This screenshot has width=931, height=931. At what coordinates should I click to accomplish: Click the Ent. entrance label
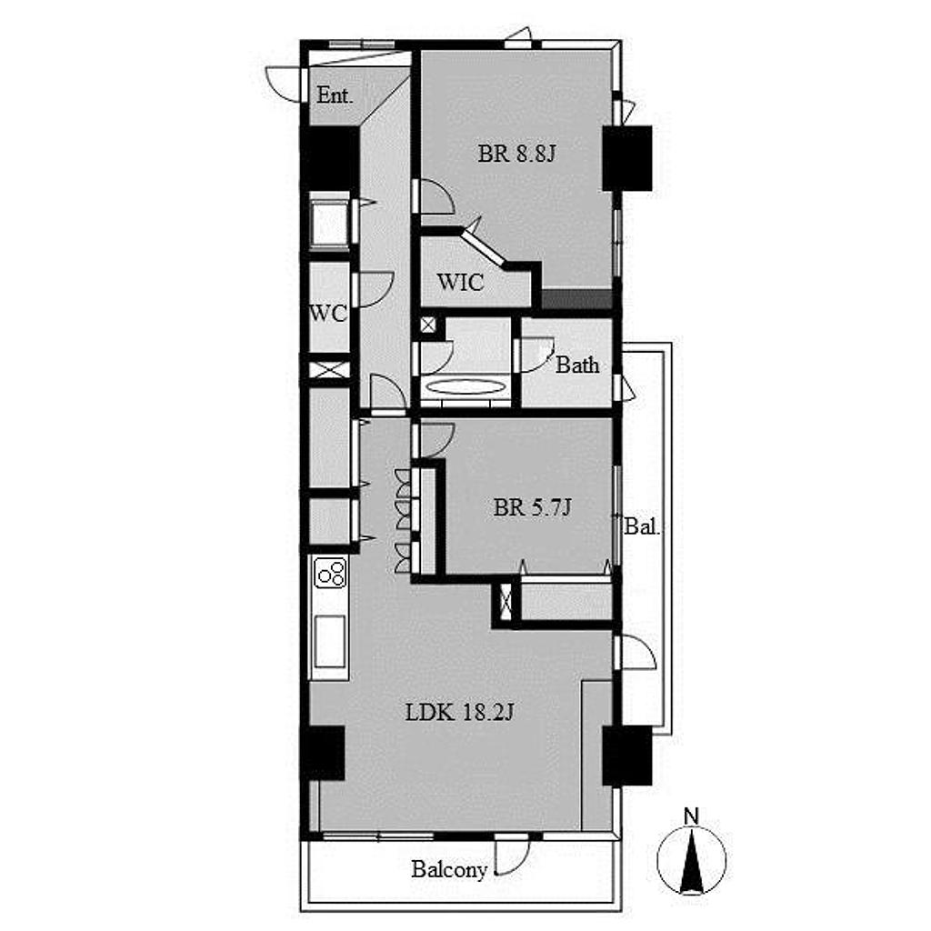point(335,95)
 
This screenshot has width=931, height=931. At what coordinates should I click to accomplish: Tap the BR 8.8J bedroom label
point(516,154)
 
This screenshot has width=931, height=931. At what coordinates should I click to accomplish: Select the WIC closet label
point(460,282)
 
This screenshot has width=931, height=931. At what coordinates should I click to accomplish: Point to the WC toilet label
point(328,313)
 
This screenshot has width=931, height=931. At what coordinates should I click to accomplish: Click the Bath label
point(577,365)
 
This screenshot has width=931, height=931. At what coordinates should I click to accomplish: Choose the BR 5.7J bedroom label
point(532,507)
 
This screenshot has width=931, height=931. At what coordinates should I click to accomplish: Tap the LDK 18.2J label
point(459,711)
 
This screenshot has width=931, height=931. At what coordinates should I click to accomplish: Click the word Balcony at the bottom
point(449,870)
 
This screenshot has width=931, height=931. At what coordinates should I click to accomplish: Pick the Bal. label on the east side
point(642,526)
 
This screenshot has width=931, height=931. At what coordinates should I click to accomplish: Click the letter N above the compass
point(691,816)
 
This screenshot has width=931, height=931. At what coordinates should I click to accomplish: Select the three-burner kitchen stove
point(330,573)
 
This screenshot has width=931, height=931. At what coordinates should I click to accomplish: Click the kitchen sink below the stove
point(329,641)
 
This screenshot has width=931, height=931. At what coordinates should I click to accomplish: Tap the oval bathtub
point(466,387)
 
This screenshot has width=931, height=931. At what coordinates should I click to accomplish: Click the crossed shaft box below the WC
point(329,370)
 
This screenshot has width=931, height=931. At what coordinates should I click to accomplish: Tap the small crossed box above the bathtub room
point(428,325)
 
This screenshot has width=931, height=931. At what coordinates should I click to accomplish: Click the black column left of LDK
point(325,753)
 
